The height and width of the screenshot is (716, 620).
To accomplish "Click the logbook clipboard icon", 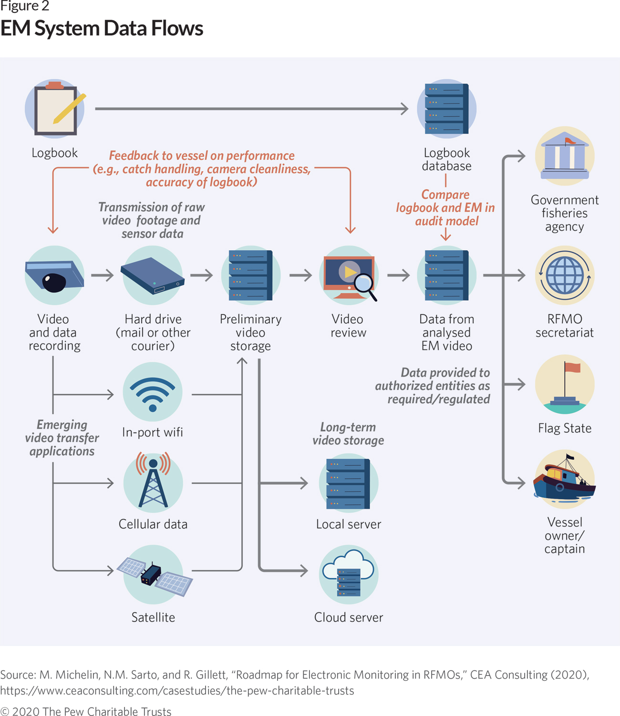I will click(55, 109).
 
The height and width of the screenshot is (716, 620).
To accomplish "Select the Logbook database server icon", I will click(446, 109).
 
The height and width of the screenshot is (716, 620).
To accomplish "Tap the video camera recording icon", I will click(54, 276).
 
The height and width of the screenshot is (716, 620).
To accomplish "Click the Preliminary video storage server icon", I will click(251, 276).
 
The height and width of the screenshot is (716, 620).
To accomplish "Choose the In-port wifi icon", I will click(153, 392).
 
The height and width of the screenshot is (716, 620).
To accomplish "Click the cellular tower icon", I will click(153, 482).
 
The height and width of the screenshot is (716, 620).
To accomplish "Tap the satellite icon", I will click(154, 574).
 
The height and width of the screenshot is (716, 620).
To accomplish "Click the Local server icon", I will click(349, 483).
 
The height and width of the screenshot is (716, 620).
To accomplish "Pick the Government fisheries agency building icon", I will click(565, 156).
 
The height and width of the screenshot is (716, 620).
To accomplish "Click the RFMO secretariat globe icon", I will click(565, 275).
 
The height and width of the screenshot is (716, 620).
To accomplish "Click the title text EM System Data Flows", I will click(102, 28).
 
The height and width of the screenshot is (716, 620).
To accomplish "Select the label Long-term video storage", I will click(348, 434).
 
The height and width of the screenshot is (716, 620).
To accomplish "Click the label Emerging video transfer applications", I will click(62, 438).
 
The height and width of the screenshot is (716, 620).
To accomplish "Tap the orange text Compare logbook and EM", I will click(445, 208).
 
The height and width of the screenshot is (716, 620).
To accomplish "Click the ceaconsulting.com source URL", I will click(177, 691).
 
